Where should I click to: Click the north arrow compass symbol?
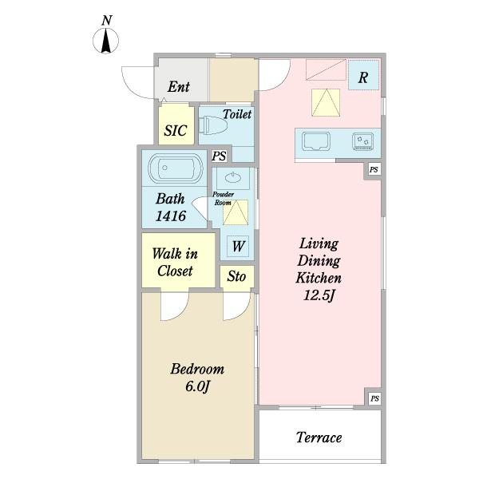pyautogui.click(x=105, y=41)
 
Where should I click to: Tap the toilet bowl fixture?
pyautogui.click(x=213, y=125)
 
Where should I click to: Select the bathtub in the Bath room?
pyautogui.click(x=176, y=168)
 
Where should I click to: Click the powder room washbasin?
pyautogui.click(x=233, y=177)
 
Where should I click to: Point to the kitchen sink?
pyautogui.click(x=316, y=141)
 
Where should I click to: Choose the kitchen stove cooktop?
pyautogui.click(x=363, y=141)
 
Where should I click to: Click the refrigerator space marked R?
pyautogui.click(x=363, y=75)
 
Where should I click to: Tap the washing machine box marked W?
pyautogui.click(x=238, y=246)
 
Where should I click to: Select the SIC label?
pyautogui.click(x=176, y=130)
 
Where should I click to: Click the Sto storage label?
pyautogui.click(x=236, y=276)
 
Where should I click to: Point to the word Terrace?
pyautogui.click(x=319, y=437)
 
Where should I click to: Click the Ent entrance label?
pyautogui.click(x=178, y=86)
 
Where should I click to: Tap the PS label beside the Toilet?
pyautogui.click(x=219, y=156)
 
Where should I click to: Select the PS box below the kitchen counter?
pyautogui.click(x=374, y=169)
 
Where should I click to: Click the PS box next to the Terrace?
pyautogui.click(x=374, y=398)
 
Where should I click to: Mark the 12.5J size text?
pyautogui.click(x=319, y=295)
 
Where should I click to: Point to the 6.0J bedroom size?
pyautogui.click(x=197, y=386)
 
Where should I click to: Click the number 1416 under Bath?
pyautogui.click(x=171, y=216)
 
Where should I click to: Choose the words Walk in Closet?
pyautogui.click(x=175, y=262)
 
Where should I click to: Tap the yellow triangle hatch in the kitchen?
pyautogui.click(x=326, y=103)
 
